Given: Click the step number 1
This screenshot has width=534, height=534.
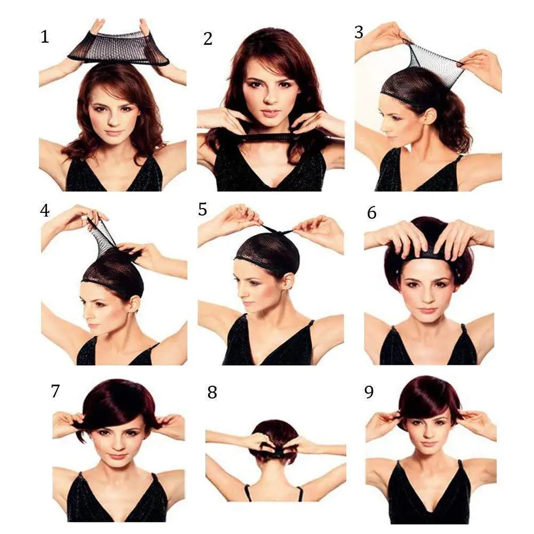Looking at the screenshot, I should pyautogui.click(x=44, y=37).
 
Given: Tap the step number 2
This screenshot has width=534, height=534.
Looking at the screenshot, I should pyautogui.click(x=208, y=38).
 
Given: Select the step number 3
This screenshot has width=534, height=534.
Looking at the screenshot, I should pyautogui.click(x=359, y=32).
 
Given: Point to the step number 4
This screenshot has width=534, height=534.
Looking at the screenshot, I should pyautogui.click(x=44, y=211).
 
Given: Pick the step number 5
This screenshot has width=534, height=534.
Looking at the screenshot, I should pyautogui.click(x=202, y=210).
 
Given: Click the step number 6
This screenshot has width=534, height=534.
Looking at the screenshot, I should pyautogui.click(x=372, y=212).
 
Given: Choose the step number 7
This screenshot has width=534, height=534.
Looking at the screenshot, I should pyautogui.click(x=55, y=391).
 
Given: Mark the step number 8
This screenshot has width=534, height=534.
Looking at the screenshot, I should pyautogui.click(x=212, y=393).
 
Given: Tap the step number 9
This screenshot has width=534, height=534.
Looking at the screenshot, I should pyautogui.click(x=369, y=392).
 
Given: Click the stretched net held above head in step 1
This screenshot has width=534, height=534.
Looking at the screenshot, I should pyautogui.click(x=118, y=49).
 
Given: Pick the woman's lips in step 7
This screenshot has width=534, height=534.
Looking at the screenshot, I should pyautogui.click(x=117, y=457).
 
